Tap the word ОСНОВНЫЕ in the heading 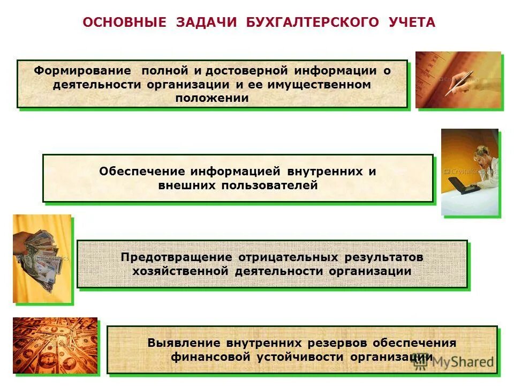click(x=121, y=23)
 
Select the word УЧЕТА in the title click(x=410, y=23)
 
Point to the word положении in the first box click(x=213, y=98)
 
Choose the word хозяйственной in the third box click(x=180, y=271)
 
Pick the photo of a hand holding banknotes click(x=42, y=258)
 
